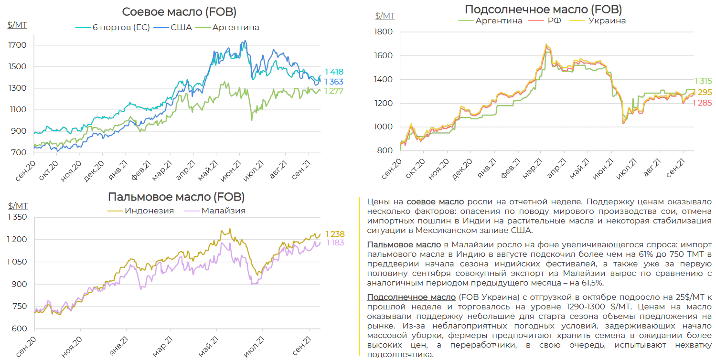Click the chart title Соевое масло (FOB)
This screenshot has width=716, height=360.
coord(179,12)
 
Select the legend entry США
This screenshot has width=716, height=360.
coord(182,27)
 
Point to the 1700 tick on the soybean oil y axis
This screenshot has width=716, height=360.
coord(17,45)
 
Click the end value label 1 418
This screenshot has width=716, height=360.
coord(334,72)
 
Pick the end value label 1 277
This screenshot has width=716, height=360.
coord(334,91)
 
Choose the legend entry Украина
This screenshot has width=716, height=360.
coord(607,21)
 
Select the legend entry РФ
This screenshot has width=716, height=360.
coord(555,21)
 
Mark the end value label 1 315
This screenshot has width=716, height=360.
coord(703,81)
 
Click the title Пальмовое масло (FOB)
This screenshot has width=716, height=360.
coord(176,197)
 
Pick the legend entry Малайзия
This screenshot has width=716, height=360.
coord(223,211)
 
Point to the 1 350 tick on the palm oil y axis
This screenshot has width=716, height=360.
coord(17,217)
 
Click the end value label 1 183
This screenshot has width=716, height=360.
coord(335,243)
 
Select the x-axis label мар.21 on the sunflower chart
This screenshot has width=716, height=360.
coord(531,169)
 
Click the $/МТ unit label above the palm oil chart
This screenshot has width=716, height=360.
coord(18,206)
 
